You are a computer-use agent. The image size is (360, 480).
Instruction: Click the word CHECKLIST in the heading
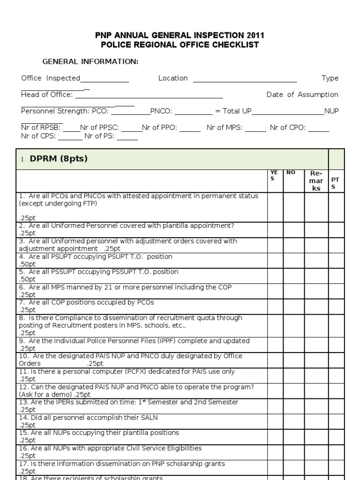(232, 45)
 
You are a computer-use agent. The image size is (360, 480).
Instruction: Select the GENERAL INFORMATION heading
(90, 62)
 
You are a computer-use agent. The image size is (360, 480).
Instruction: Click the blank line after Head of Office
(149, 97)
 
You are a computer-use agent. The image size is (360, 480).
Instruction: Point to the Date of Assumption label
(302, 95)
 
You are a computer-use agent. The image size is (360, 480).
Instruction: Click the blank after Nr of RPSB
(72, 130)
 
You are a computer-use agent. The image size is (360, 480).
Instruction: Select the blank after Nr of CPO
(318, 130)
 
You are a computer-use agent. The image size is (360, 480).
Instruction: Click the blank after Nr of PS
(127, 139)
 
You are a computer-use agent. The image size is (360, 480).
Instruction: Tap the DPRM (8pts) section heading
(59, 159)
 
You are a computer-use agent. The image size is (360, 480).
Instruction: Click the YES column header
(274, 175)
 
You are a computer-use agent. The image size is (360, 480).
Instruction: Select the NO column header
(291, 172)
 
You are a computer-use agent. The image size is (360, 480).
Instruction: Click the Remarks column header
(316, 181)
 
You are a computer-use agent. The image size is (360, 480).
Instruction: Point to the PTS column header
(336, 183)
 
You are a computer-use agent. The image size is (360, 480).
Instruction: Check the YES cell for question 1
(276, 207)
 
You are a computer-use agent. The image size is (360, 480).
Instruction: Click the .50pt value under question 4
(27, 264)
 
